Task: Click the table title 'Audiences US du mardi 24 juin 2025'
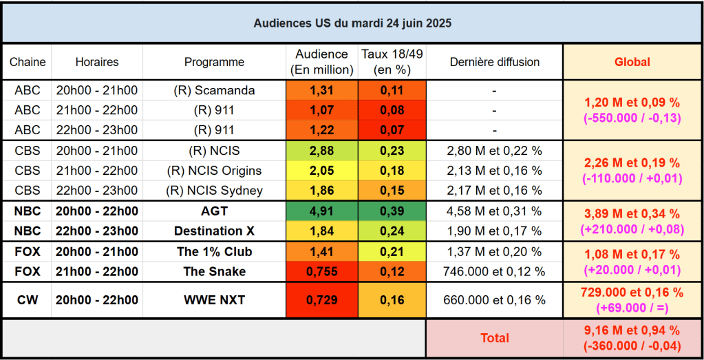pos(352,23)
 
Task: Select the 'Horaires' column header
pos(97,62)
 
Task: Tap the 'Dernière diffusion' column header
pos(494,62)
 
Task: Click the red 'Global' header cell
pos(632,62)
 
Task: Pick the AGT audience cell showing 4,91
pos(321,211)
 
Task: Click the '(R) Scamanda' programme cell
pos(214,90)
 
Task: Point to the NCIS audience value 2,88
pos(321,151)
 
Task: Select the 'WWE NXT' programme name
pos(214,300)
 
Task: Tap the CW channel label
pos(28,300)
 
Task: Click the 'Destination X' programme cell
pos(214,231)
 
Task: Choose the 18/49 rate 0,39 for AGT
pos(392,211)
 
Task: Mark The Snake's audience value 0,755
pos(321,271)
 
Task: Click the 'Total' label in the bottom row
pos(494,338)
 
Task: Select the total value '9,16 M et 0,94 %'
pos(632,331)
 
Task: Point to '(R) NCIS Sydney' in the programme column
pos(214,191)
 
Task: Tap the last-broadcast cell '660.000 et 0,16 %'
pos(494,300)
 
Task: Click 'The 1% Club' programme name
pos(214,252)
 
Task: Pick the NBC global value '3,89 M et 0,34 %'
pos(632,214)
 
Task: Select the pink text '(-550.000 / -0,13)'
pos(632,117)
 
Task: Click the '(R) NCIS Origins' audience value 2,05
pos(321,171)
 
